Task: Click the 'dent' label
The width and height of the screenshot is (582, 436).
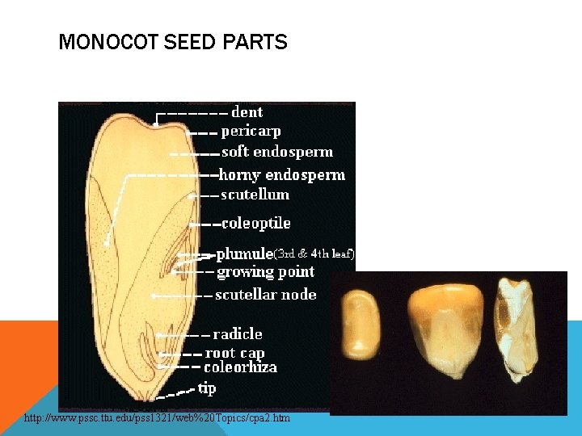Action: point(247,112)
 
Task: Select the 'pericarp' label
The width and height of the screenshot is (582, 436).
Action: point(251,131)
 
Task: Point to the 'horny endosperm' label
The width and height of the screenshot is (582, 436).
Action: point(282,174)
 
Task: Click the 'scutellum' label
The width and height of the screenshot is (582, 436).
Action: point(255,195)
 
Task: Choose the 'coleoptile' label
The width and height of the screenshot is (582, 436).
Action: point(255,223)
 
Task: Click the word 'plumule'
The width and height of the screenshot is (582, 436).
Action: point(245,254)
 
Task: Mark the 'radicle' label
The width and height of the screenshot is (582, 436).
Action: point(238,333)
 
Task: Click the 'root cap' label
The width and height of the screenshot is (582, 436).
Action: point(234,353)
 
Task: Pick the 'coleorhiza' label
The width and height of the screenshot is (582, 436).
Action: point(240,367)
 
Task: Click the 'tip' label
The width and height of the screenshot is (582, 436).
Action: point(207,389)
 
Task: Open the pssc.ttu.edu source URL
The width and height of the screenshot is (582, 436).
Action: point(157,418)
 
